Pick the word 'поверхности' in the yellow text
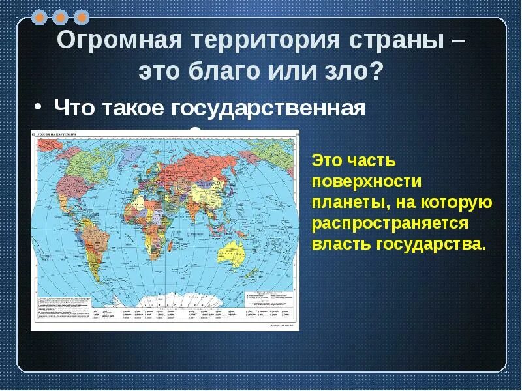(367, 181)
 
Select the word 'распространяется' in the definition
(390, 224)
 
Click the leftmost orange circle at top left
(41, 16)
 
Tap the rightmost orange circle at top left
(81, 16)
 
